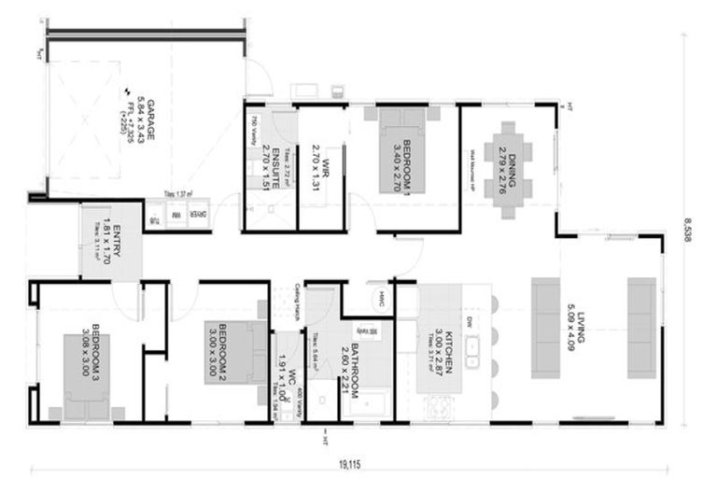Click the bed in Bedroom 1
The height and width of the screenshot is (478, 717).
(x=402, y=149)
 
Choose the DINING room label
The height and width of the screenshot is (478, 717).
(x=504, y=163)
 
